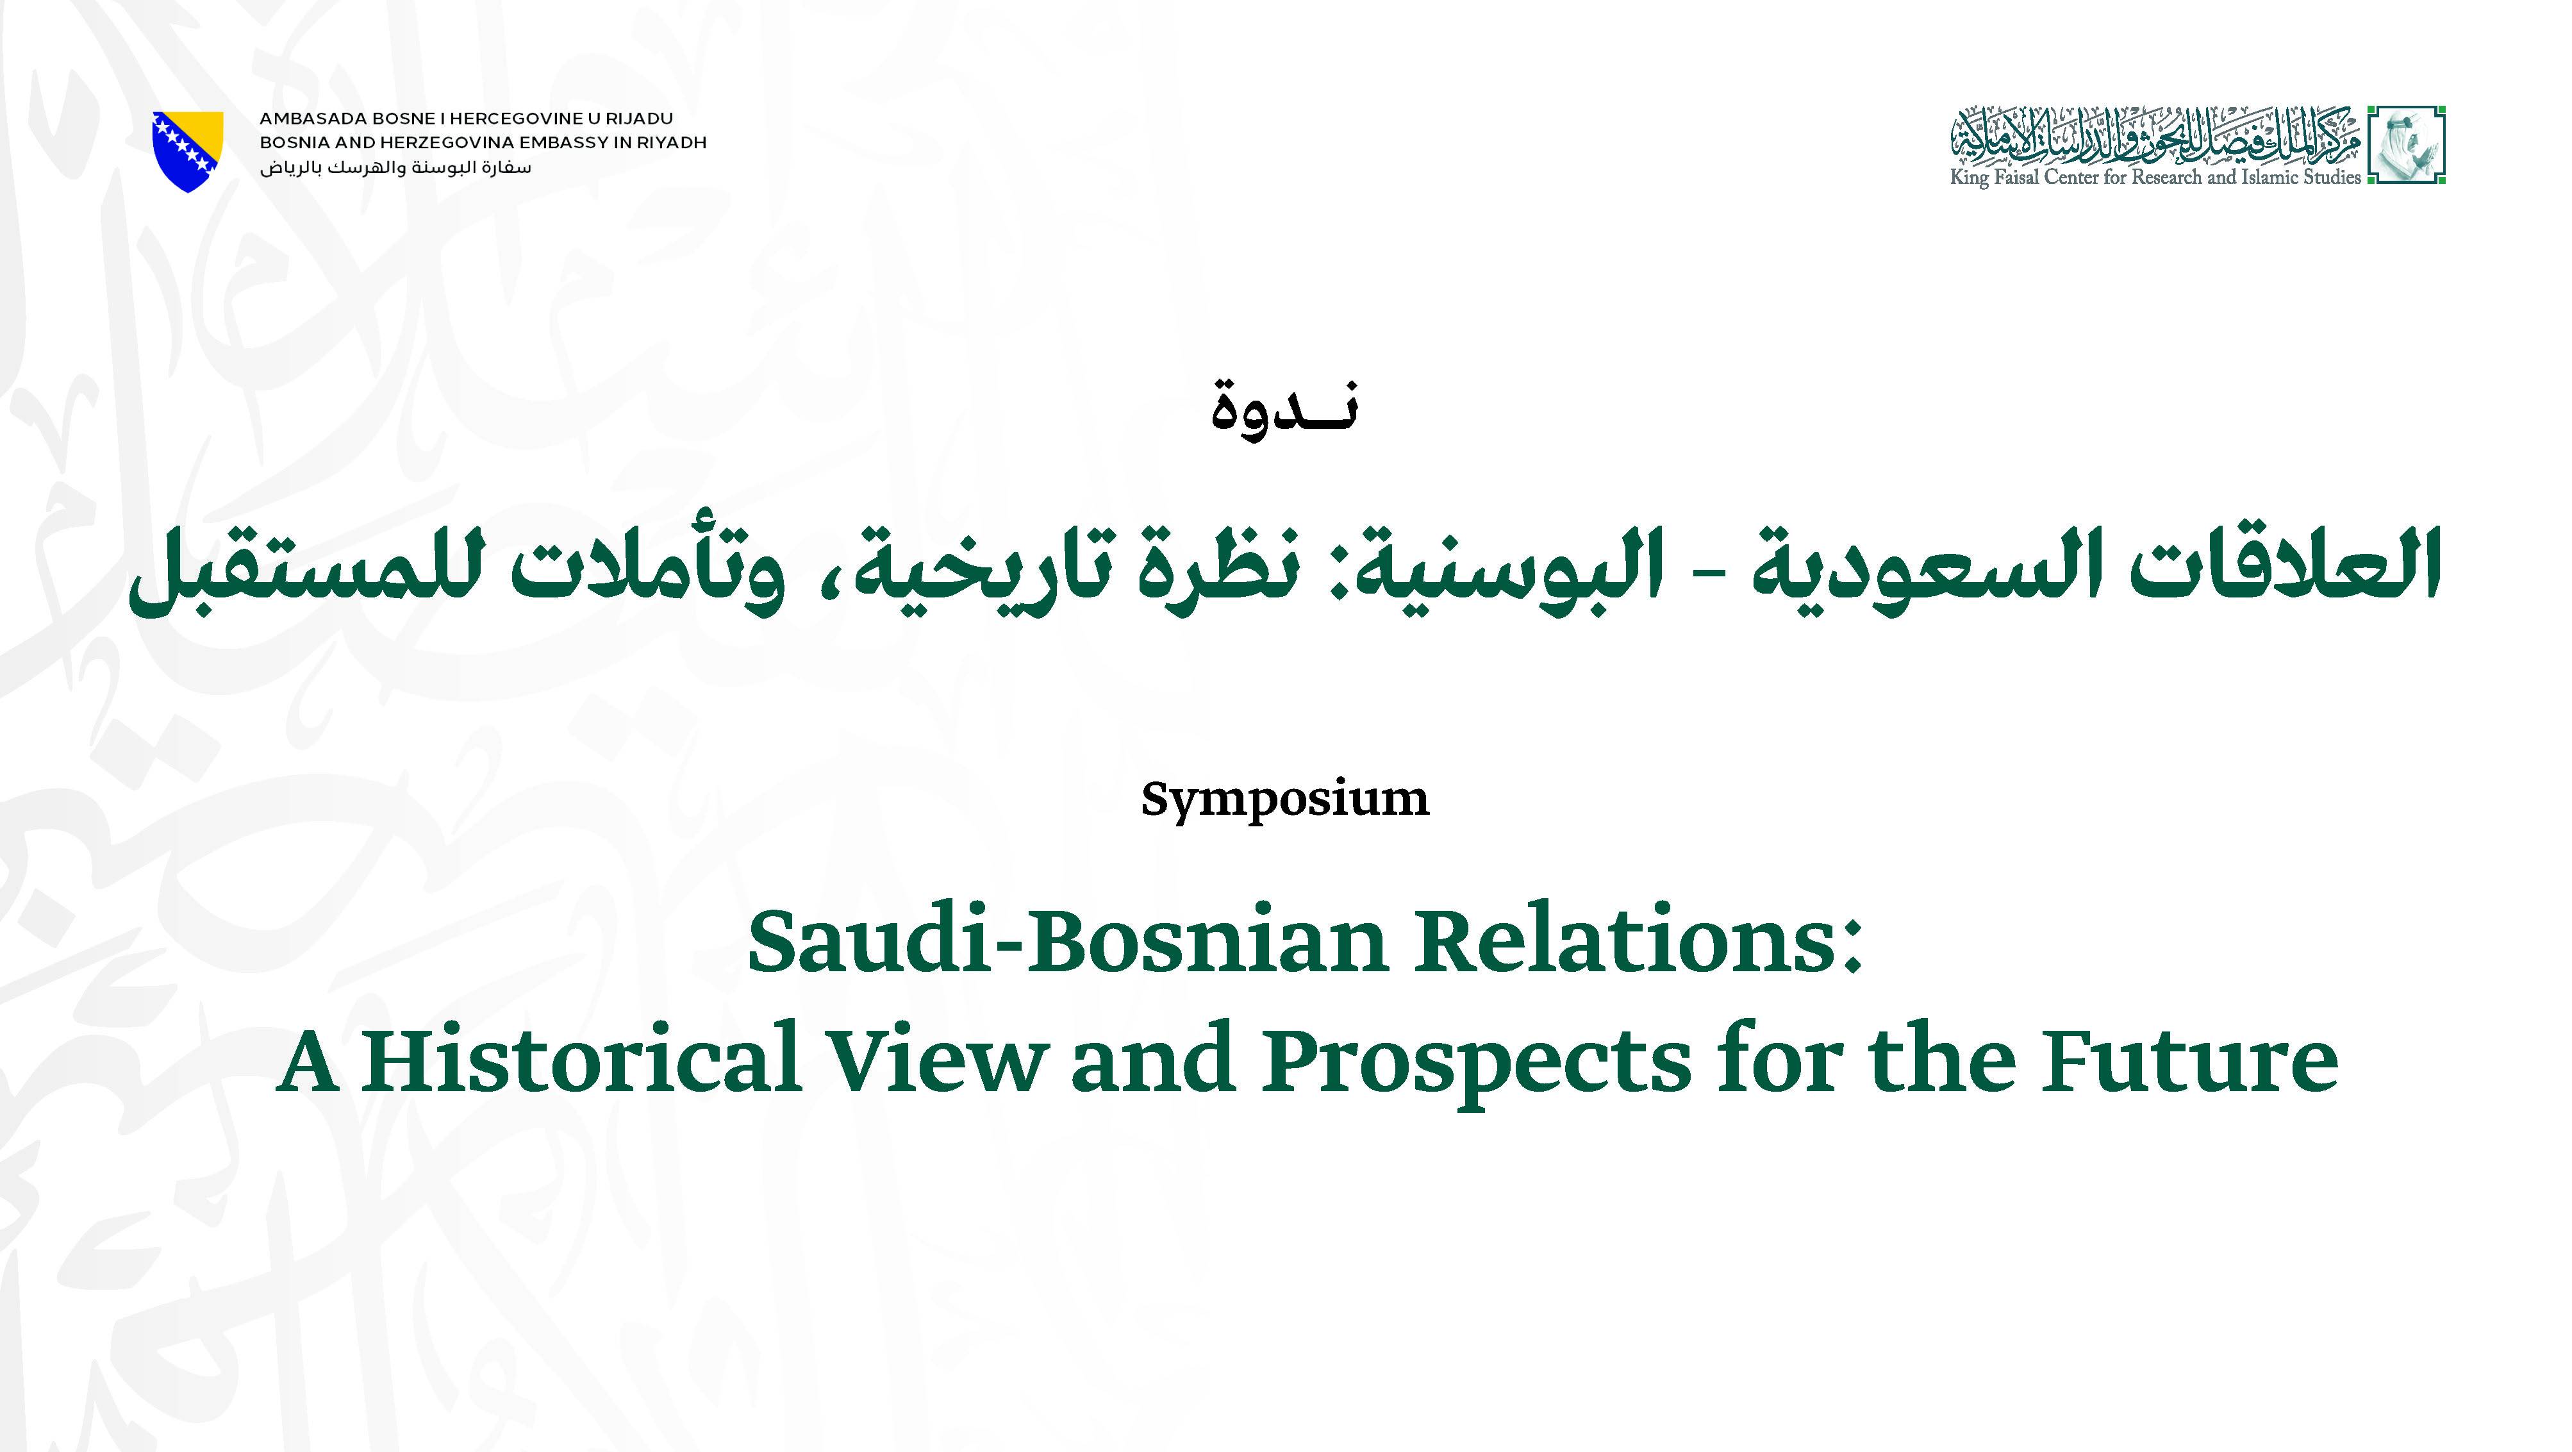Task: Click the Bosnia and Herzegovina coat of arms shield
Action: pyautogui.click(x=188, y=150)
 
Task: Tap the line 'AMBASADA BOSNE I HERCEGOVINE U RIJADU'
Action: pyautogui.click(x=467, y=119)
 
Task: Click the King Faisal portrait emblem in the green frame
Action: pyautogui.click(x=2407, y=145)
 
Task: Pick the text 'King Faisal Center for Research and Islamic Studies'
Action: pyautogui.click(x=2155, y=178)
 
